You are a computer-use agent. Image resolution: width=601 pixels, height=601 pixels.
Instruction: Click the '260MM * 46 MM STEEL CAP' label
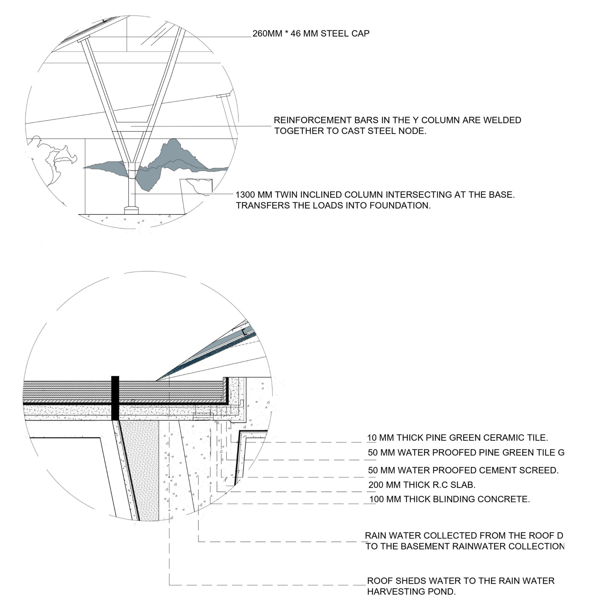(x=311, y=34)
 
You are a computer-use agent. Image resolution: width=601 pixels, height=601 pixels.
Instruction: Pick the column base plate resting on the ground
(x=133, y=210)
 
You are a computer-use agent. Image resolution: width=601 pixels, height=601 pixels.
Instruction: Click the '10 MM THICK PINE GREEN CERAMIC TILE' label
(x=457, y=438)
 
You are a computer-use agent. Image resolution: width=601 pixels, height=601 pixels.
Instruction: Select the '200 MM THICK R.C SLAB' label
(x=422, y=485)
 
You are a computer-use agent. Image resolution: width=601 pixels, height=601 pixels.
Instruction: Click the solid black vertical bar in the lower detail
(x=115, y=398)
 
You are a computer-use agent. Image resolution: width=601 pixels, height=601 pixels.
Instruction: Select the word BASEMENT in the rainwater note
(x=422, y=547)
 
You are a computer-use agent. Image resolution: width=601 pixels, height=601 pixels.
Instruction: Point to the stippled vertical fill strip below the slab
(x=140, y=467)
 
